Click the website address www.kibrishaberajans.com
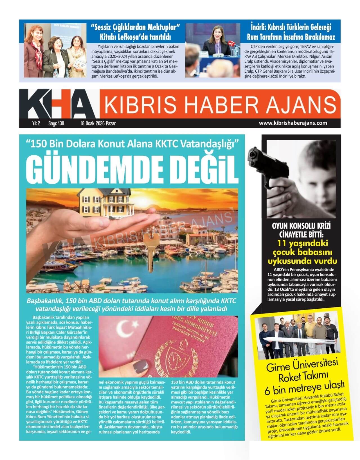(x=293, y=123)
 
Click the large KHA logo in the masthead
(x=56, y=104)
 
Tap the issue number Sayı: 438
(x=56, y=123)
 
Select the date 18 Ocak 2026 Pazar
(x=98, y=123)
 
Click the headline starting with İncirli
(x=291, y=32)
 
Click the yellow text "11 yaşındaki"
(x=301, y=243)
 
